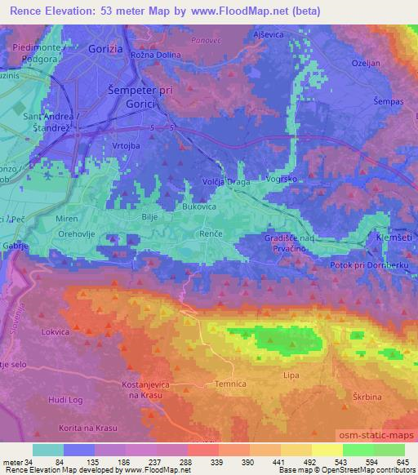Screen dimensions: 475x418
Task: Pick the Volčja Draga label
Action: [225, 181]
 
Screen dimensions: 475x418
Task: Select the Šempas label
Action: [387, 100]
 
